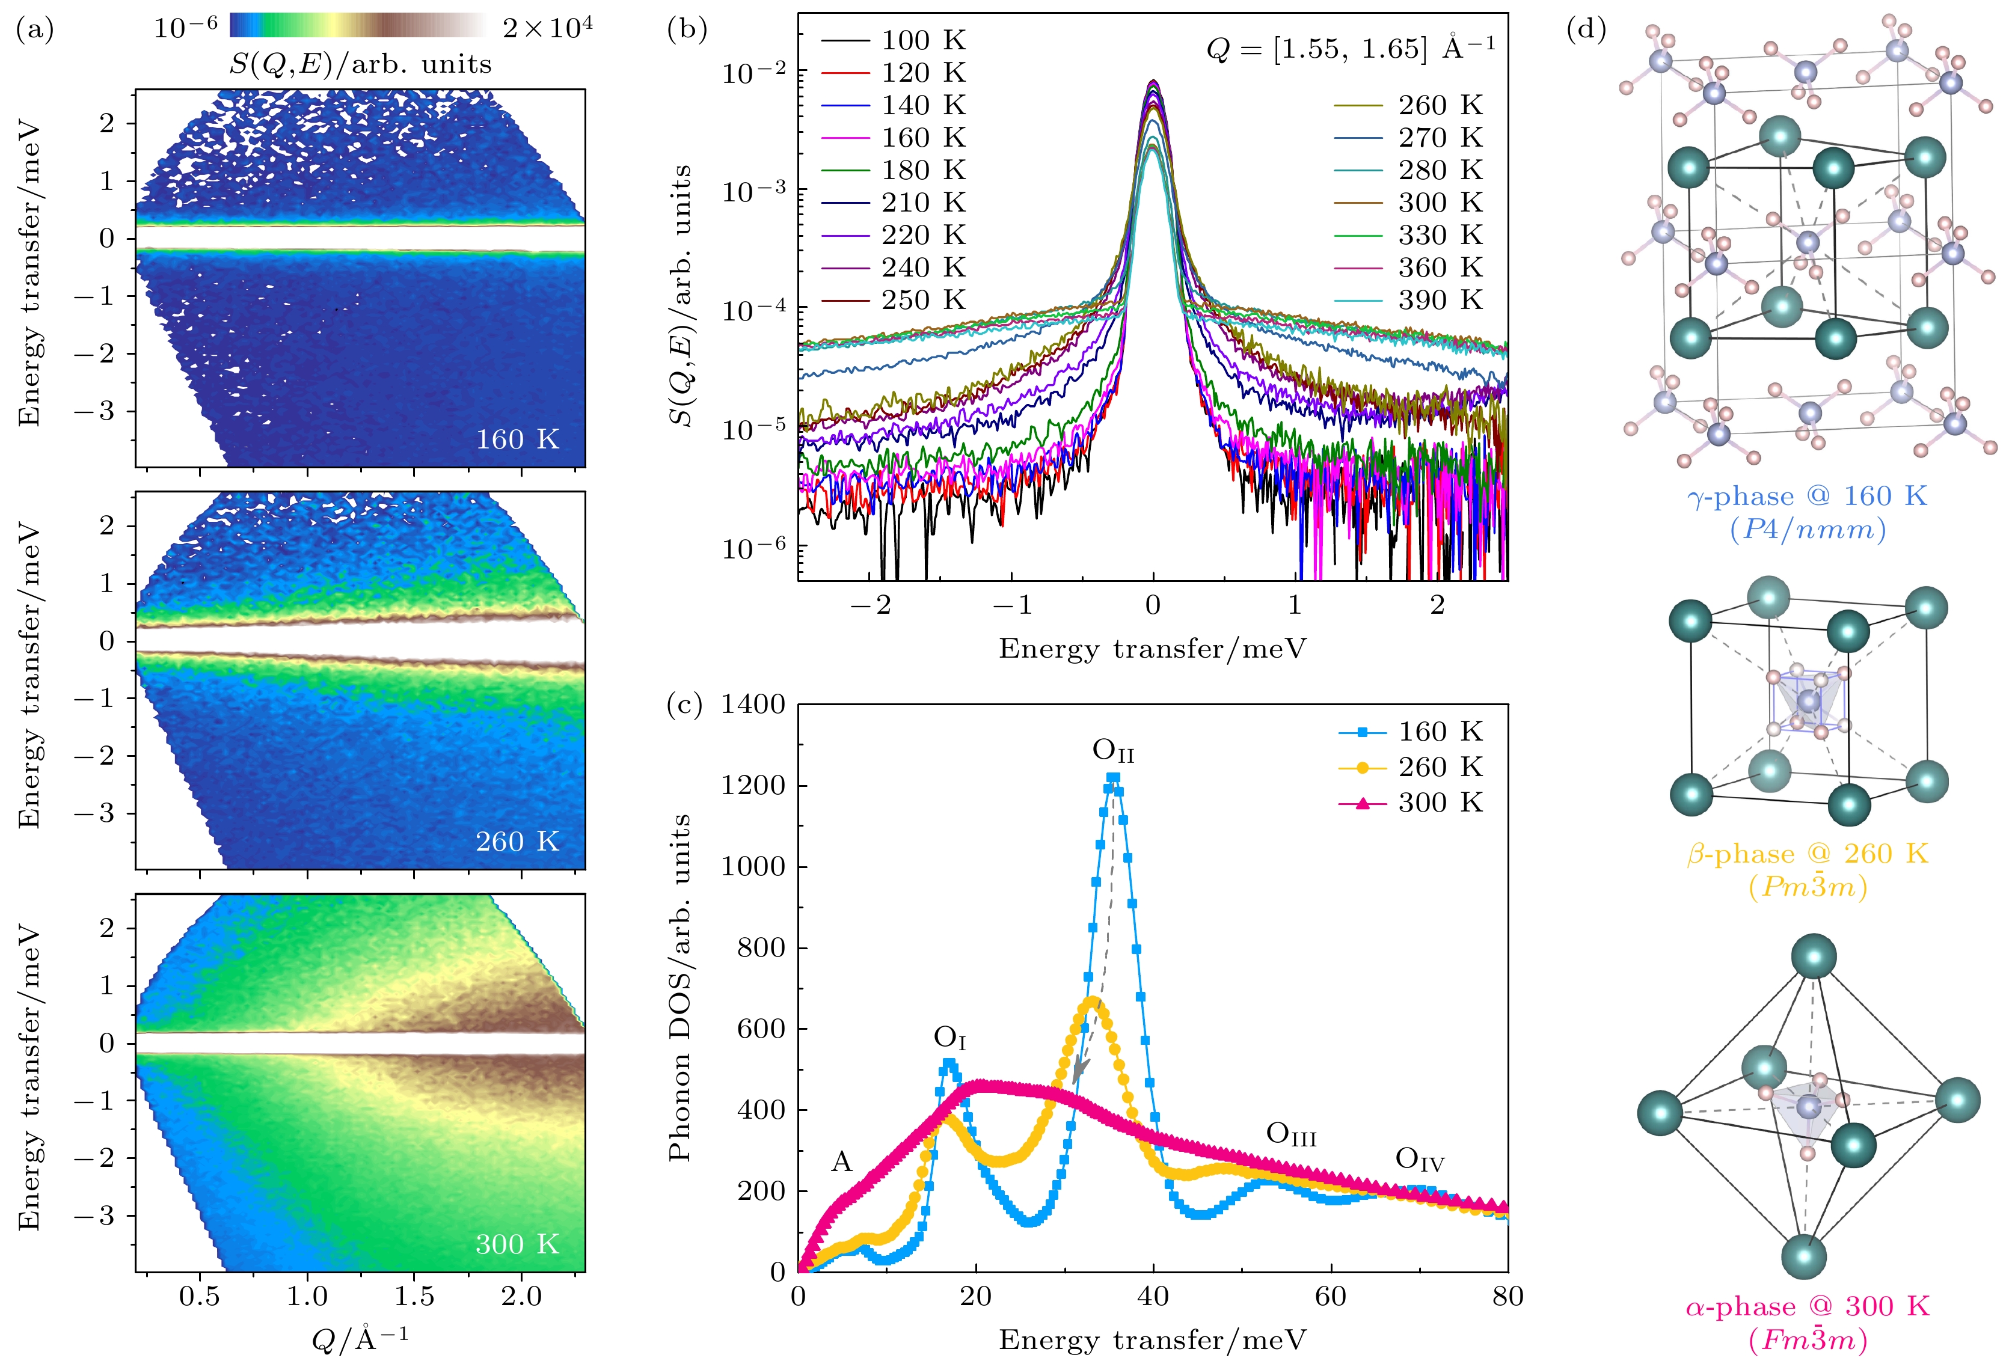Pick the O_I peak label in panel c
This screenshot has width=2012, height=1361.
pyautogui.click(x=949, y=1038)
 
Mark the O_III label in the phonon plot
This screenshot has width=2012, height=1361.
pyautogui.click(x=1291, y=1134)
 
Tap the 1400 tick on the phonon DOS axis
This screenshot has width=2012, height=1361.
pyautogui.click(x=753, y=705)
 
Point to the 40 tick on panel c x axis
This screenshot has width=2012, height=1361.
pyautogui.click(x=1153, y=1296)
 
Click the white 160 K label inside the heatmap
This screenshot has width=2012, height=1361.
pyautogui.click(x=517, y=440)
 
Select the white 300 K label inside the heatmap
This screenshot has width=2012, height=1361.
pyautogui.click(x=517, y=1244)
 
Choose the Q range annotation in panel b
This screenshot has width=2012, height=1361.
pyautogui.click(x=1350, y=49)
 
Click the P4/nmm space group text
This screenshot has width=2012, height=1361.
pyautogui.click(x=1808, y=529)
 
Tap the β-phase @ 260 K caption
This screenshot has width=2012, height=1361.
pyautogui.click(x=1808, y=854)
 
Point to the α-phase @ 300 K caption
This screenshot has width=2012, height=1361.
pyautogui.click(x=1808, y=1306)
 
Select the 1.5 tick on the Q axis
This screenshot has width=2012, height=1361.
pyautogui.click(x=414, y=1296)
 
